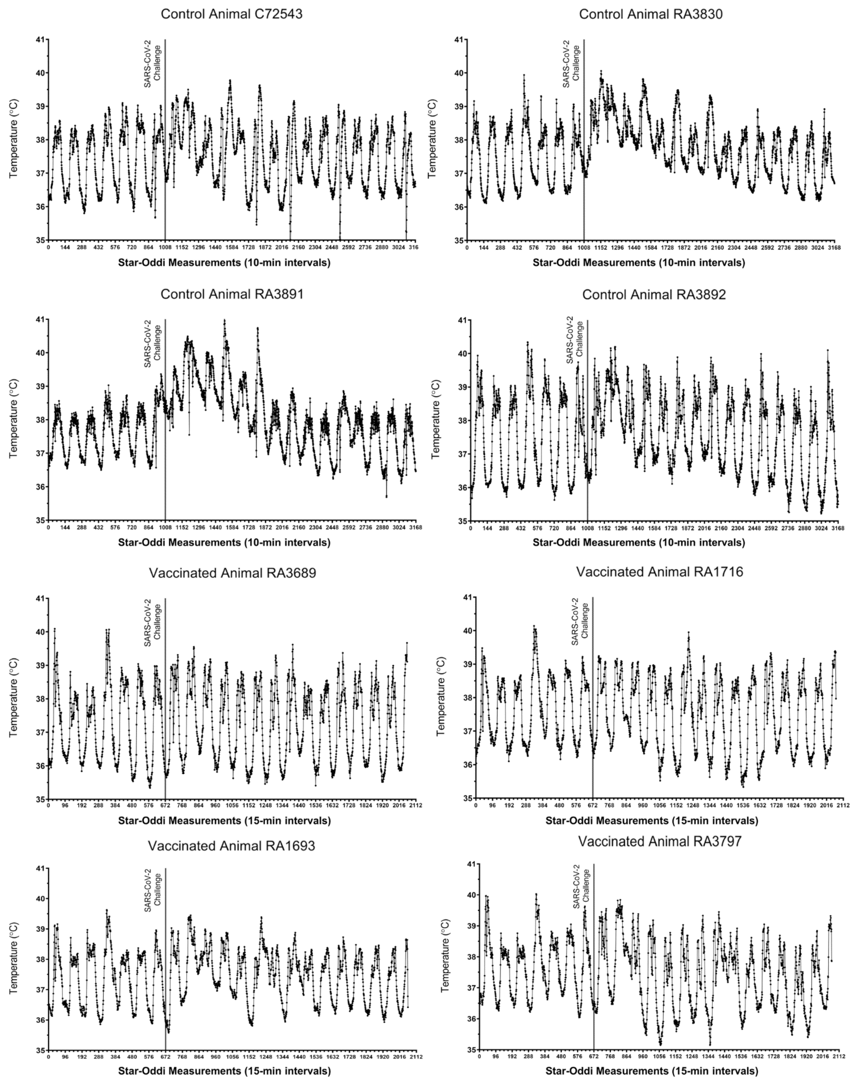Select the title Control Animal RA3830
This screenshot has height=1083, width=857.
click(651, 14)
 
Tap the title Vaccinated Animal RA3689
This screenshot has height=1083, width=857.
click(232, 573)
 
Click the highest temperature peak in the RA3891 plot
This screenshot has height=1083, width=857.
click(224, 320)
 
